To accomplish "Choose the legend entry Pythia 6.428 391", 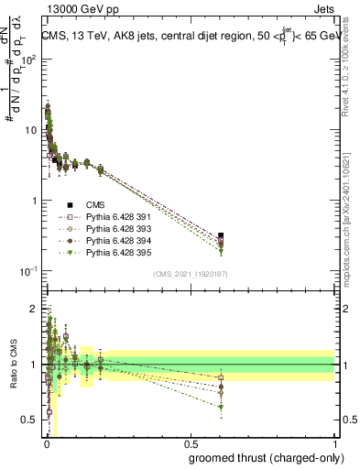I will tap(106, 217).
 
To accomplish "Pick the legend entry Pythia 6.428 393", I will tap(106, 229).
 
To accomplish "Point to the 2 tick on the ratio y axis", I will tap(35, 309).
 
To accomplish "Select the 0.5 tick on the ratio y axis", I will tap(32, 420).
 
